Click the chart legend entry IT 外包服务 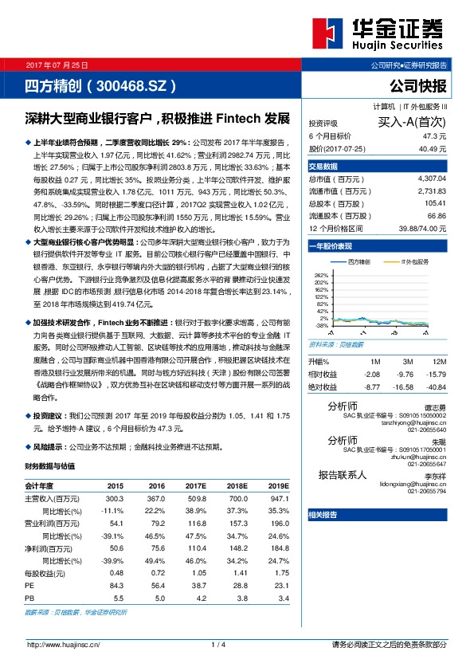point(415,261)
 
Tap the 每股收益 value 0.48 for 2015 point(116,572)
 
